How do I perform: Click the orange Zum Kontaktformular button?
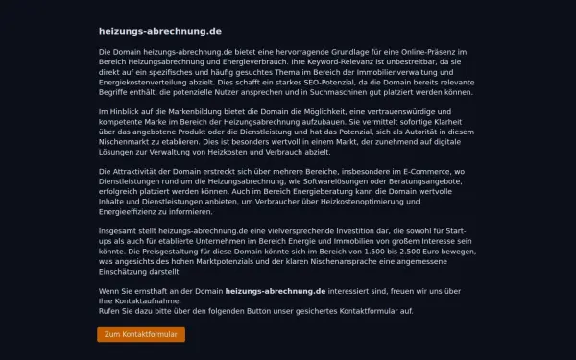(x=142, y=334)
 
